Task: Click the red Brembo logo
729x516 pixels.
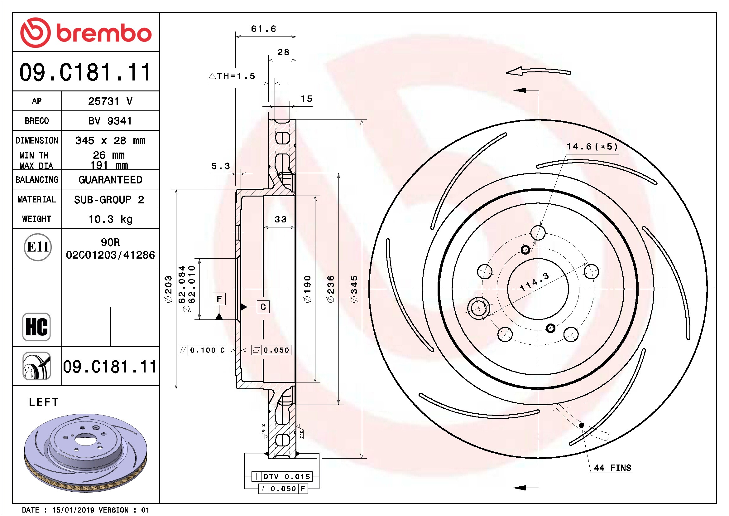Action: click(x=86, y=33)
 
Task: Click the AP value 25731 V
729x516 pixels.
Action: click(x=110, y=101)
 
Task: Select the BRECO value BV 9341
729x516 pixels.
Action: click(x=110, y=121)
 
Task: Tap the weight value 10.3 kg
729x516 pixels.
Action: click(x=110, y=219)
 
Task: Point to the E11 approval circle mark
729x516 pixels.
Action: click(x=38, y=247)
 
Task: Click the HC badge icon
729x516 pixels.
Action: click(x=36, y=327)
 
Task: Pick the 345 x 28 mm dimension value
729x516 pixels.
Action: click(x=110, y=140)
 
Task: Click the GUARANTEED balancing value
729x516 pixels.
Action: click(x=110, y=180)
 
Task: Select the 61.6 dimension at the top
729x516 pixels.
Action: click(x=264, y=29)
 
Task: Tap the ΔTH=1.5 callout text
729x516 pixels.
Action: click(x=232, y=76)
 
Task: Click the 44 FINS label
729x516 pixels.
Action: click(x=612, y=468)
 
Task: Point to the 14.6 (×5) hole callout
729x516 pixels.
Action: click(x=592, y=147)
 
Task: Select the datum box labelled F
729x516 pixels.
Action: click(x=219, y=299)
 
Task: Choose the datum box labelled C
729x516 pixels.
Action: click(x=263, y=307)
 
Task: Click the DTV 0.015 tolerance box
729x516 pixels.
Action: click(x=282, y=477)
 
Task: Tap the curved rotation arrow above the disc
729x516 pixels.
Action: click(x=538, y=71)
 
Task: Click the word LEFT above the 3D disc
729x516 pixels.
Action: click(x=44, y=402)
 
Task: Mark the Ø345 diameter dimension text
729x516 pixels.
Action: click(x=354, y=289)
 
